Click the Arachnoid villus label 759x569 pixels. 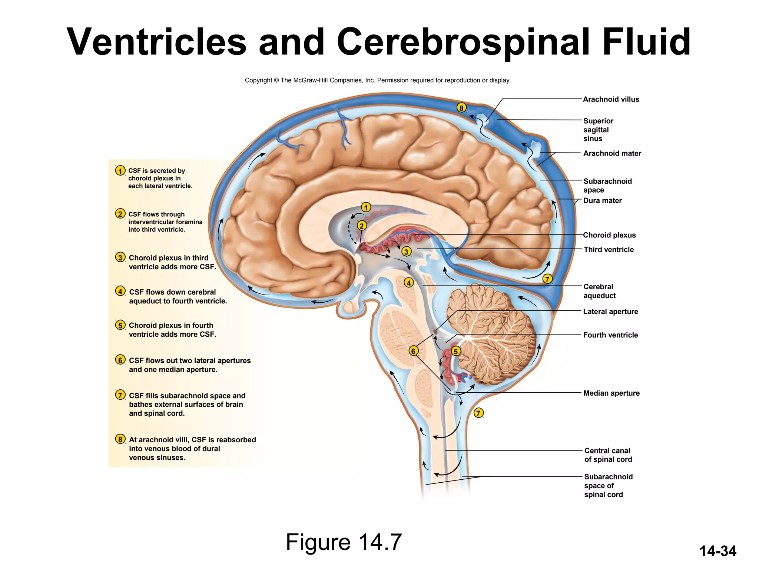(611, 99)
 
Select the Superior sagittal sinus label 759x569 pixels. (598, 130)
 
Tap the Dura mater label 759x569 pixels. (602, 200)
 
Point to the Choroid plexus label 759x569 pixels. (609, 235)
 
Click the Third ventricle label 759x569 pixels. (609, 249)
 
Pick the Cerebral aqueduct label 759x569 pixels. (599, 291)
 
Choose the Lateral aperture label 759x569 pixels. (610, 312)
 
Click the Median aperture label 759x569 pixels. (611, 393)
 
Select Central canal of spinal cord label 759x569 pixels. (608, 455)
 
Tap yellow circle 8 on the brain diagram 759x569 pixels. (461, 108)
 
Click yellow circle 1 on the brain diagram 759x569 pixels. (366, 207)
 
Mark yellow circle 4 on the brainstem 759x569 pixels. (408, 283)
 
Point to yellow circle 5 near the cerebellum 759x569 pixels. (455, 351)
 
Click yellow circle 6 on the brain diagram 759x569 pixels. (413, 351)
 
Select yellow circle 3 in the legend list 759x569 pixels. (120, 257)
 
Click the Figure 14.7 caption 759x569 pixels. (344, 542)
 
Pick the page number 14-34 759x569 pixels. (717, 551)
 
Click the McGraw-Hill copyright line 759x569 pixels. (378, 80)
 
